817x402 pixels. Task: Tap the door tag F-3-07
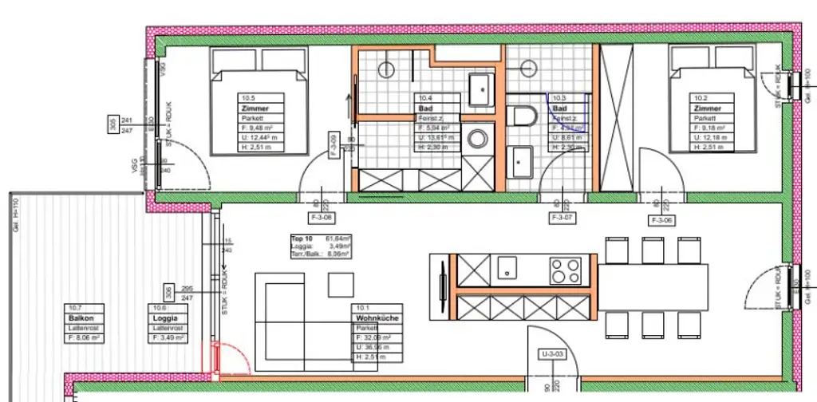point(562,217)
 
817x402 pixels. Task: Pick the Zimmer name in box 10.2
point(708,108)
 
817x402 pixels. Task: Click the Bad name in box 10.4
point(429,108)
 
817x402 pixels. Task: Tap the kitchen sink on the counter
point(507,269)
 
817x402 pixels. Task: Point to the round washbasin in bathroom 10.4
point(478,139)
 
